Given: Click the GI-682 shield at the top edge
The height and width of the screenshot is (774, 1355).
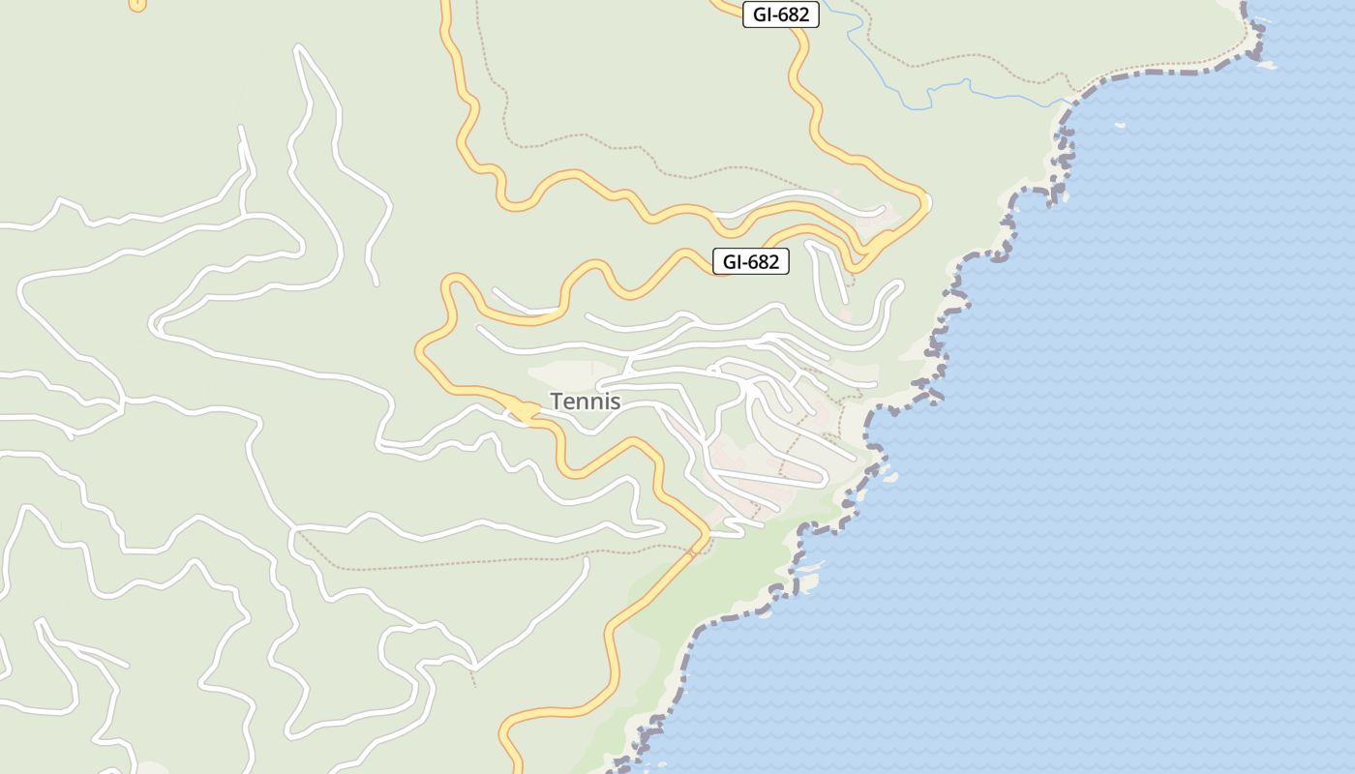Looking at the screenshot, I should click(x=780, y=15).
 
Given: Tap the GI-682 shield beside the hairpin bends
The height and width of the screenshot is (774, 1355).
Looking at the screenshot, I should click(x=750, y=261).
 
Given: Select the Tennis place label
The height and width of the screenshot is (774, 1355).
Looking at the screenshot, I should click(x=585, y=401).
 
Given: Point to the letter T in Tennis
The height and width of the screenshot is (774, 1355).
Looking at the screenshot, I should click(x=557, y=401).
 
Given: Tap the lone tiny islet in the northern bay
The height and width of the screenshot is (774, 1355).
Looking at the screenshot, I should click(x=1120, y=125).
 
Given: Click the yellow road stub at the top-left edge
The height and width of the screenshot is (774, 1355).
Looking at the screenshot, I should click(x=137, y=5).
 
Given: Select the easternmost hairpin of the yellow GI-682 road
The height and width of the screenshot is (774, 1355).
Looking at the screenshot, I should click(x=924, y=204).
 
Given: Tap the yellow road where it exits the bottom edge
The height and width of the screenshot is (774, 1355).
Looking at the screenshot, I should click(x=512, y=764).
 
